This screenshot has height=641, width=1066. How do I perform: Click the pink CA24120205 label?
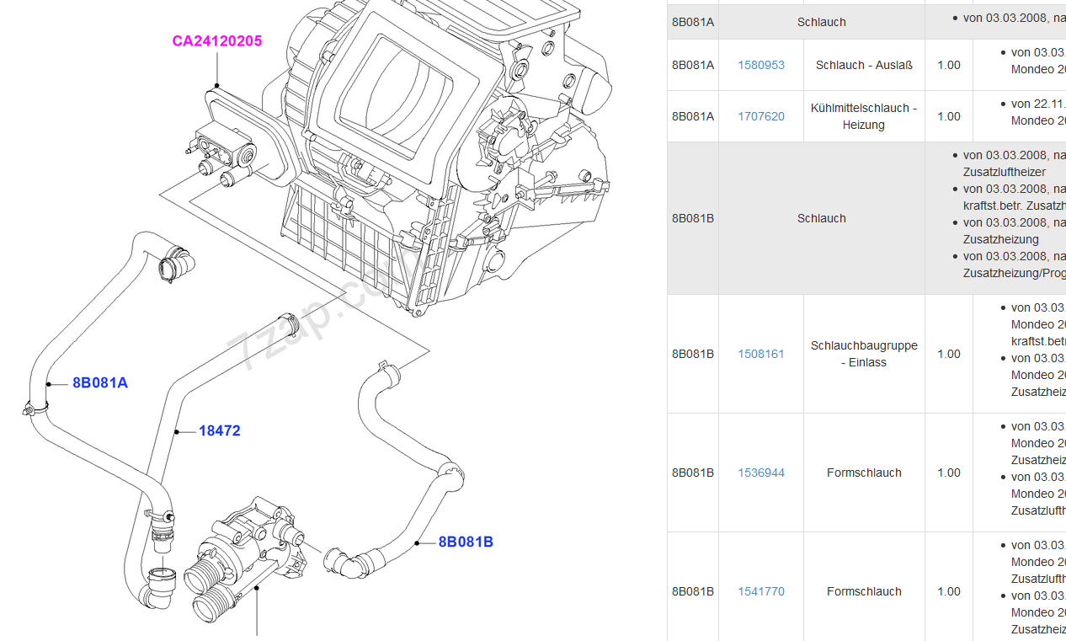217,40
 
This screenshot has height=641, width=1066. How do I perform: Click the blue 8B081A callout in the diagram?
99,382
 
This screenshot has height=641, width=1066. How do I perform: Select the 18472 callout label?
219,430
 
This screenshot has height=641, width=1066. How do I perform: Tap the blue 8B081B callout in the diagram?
466,542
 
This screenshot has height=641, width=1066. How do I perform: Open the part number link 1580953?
761,65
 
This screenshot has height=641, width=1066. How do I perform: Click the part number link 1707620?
761,116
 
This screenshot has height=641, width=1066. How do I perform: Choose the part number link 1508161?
761,354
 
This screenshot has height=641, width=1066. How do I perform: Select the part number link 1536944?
761,473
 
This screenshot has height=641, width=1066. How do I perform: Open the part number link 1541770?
761,591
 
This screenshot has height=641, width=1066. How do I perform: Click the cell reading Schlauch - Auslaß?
864,65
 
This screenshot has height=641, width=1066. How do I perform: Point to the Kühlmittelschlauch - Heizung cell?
864,116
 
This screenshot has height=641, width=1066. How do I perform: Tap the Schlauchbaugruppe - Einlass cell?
864,354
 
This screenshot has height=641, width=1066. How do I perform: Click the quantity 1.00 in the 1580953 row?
949,65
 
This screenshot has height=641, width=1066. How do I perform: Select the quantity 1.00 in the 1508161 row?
949,354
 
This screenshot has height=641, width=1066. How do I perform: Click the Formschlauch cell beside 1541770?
864,591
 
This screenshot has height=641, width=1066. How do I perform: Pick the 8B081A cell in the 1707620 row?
693,116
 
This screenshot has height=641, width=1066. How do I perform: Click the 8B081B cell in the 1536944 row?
693,473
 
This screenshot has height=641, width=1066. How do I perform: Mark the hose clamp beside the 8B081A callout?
31,410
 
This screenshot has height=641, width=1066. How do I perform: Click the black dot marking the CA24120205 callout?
216,85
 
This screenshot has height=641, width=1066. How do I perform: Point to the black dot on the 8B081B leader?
418,543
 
